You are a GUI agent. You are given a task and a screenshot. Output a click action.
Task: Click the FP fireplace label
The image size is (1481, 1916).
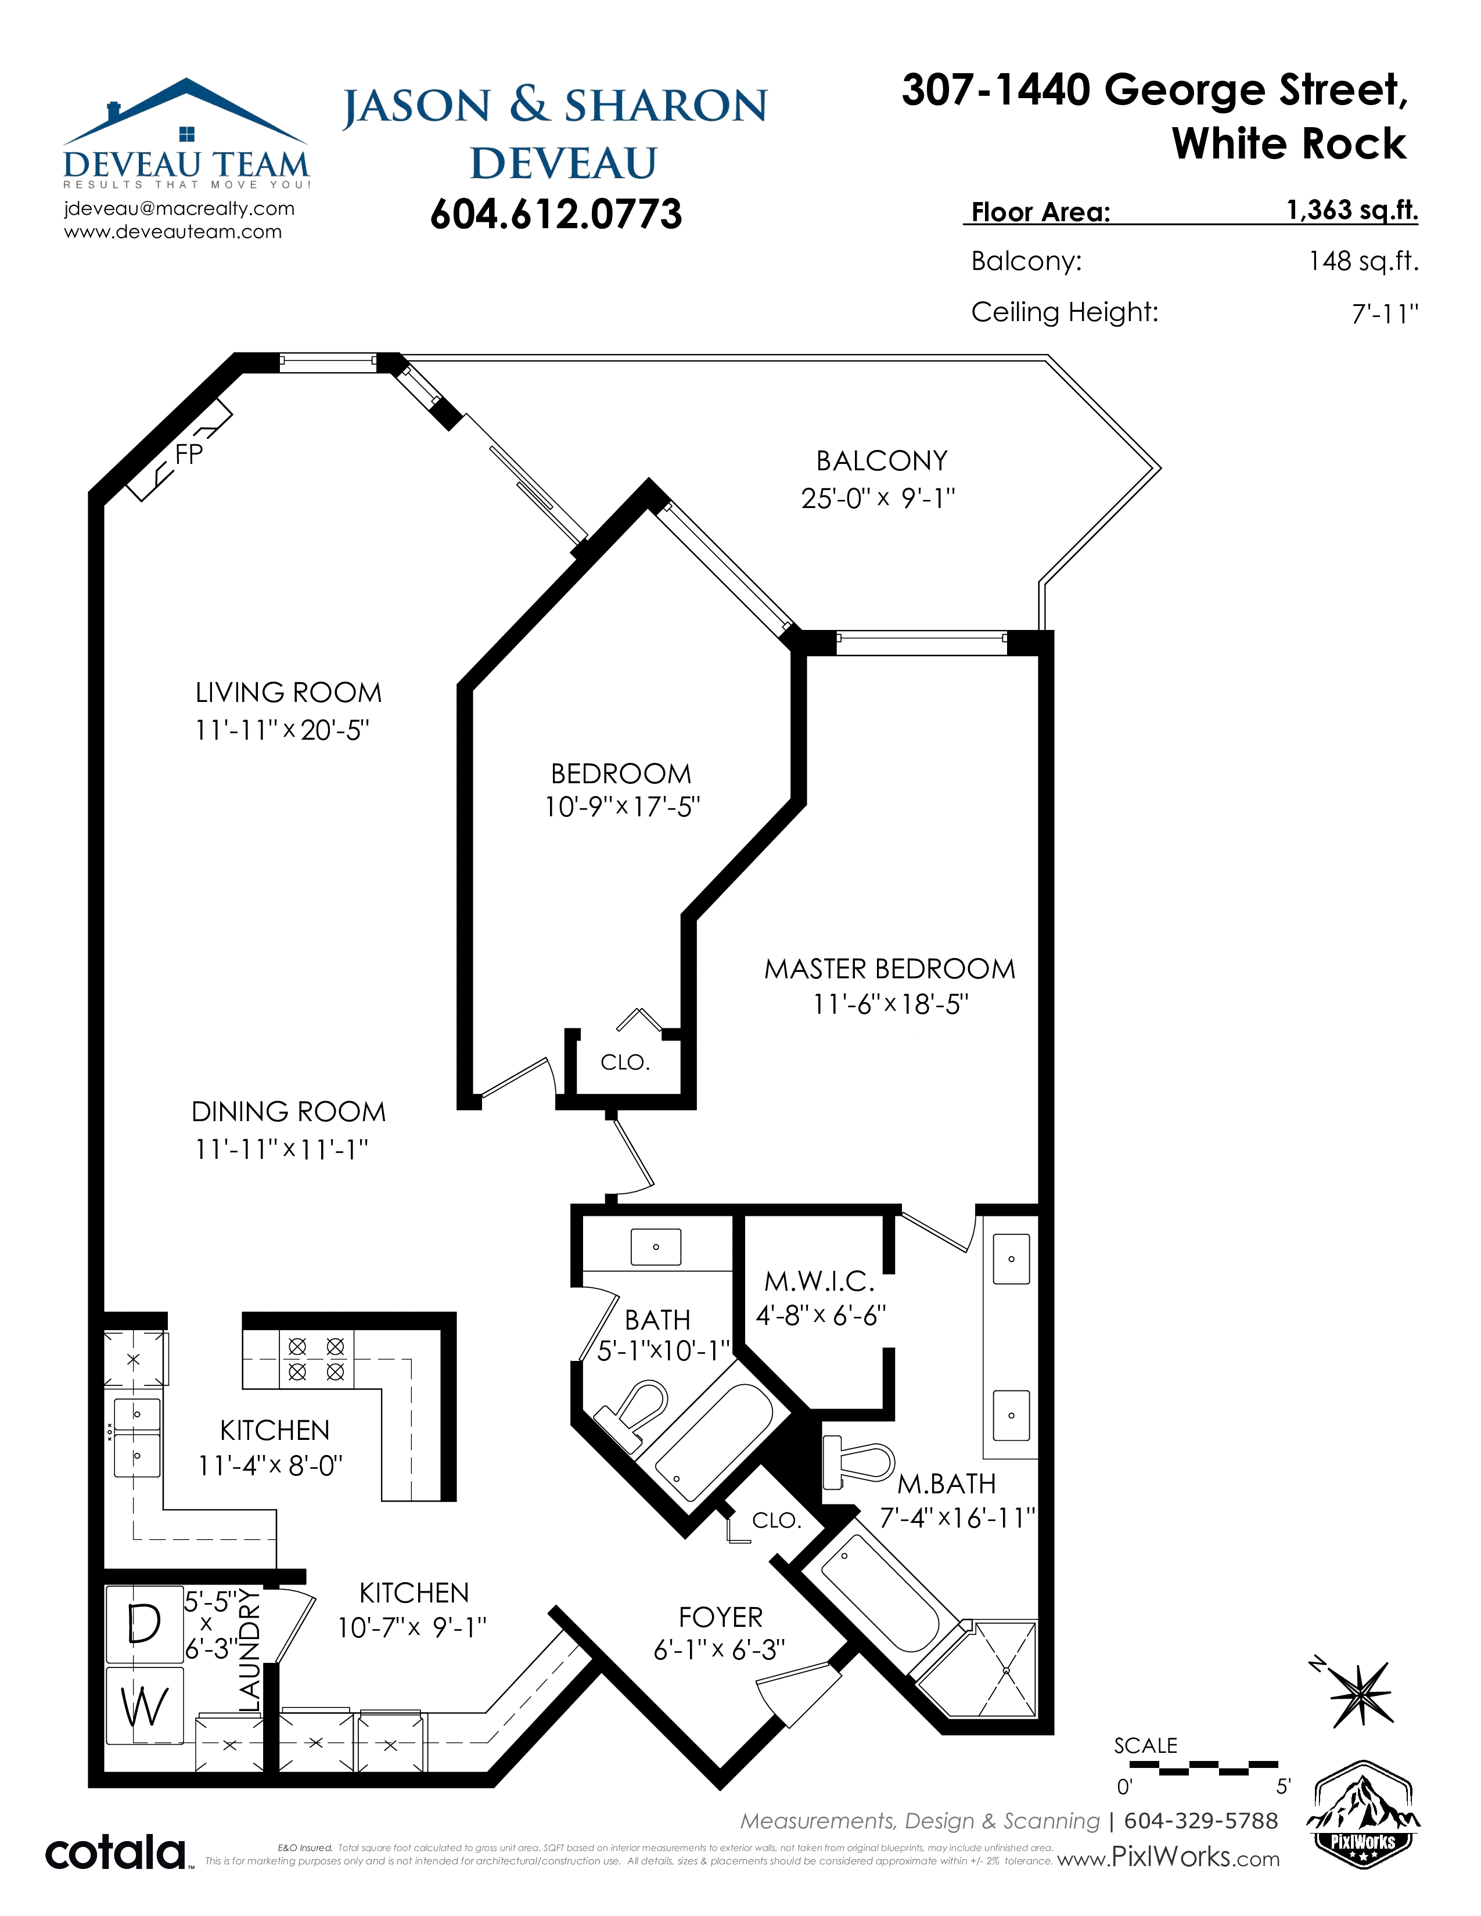pos(189,453)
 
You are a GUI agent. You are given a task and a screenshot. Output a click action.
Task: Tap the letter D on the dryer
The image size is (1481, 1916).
pos(145,1624)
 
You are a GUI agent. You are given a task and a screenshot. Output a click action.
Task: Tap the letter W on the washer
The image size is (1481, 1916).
pos(145,1707)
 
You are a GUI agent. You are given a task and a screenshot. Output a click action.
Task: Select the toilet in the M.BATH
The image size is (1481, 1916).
pos(857,1461)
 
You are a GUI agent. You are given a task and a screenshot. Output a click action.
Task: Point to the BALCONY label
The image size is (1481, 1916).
pos(882,460)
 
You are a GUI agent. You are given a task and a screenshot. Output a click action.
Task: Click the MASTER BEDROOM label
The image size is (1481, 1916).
pos(890,968)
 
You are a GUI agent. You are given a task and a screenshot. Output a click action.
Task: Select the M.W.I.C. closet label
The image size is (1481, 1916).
pos(819,1282)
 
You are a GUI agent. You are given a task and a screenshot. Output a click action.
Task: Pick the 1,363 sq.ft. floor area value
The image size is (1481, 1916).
pos(1352,211)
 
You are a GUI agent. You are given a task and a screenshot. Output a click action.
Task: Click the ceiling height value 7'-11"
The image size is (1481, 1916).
pos(1385,313)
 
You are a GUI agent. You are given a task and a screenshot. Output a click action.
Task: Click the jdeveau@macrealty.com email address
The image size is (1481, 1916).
pos(179,209)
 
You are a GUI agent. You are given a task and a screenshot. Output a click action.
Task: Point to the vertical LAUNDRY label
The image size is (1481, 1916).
pos(250,1650)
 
